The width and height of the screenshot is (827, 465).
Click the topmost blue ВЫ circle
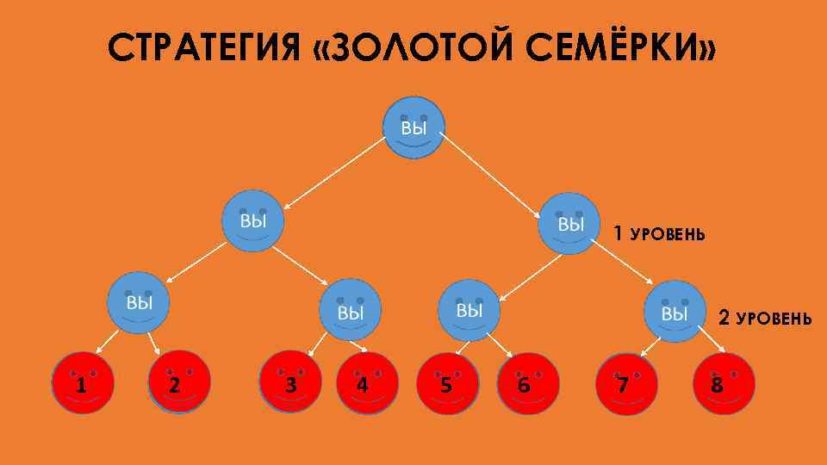413,127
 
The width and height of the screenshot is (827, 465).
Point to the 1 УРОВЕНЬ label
658,233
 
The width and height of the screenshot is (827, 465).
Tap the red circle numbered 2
179,381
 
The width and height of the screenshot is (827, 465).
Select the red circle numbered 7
626,383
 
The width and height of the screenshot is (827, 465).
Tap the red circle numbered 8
724,383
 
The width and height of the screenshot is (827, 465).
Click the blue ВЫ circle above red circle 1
138,303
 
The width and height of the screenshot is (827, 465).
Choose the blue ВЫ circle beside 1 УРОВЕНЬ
569,222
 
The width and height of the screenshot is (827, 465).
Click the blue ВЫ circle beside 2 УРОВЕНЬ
675,311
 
